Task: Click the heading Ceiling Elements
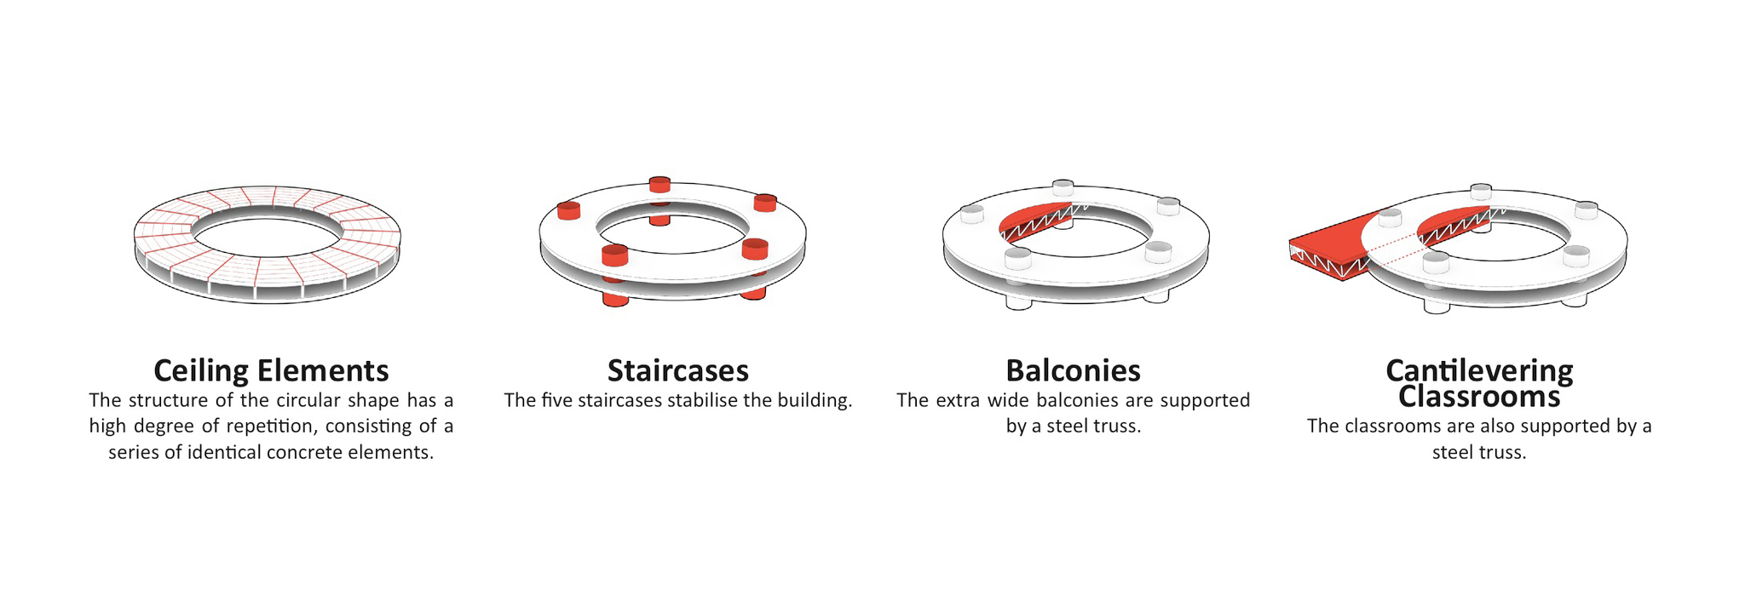(x=271, y=371)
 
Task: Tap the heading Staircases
(x=678, y=371)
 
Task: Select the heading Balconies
(x=1073, y=371)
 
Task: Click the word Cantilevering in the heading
(x=1479, y=370)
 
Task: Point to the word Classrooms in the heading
(x=1479, y=397)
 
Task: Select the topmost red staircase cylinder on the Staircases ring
(x=659, y=184)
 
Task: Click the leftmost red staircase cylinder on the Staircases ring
(x=568, y=210)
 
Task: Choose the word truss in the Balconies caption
(x=1118, y=426)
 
